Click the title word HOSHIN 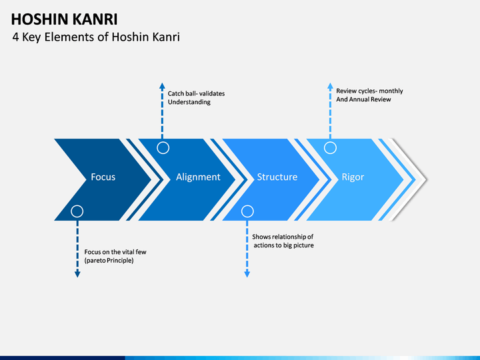coord(39,19)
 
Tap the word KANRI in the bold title coord(95,19)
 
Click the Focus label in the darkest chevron coord(103,177)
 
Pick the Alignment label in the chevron coord(198,177)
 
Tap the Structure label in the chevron coord(277,177)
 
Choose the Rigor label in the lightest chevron coord(353,177)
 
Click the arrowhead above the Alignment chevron coord(162,86)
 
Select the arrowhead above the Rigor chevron coord(330,86)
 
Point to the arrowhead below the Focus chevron coord(77,274)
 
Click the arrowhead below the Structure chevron coord(247,274)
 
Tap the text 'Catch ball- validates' coord(196,93)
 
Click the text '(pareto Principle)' coord(109,261)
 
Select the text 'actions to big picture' coord(284,245)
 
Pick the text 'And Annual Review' coord(363,99)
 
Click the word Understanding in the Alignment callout coord(189,102)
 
